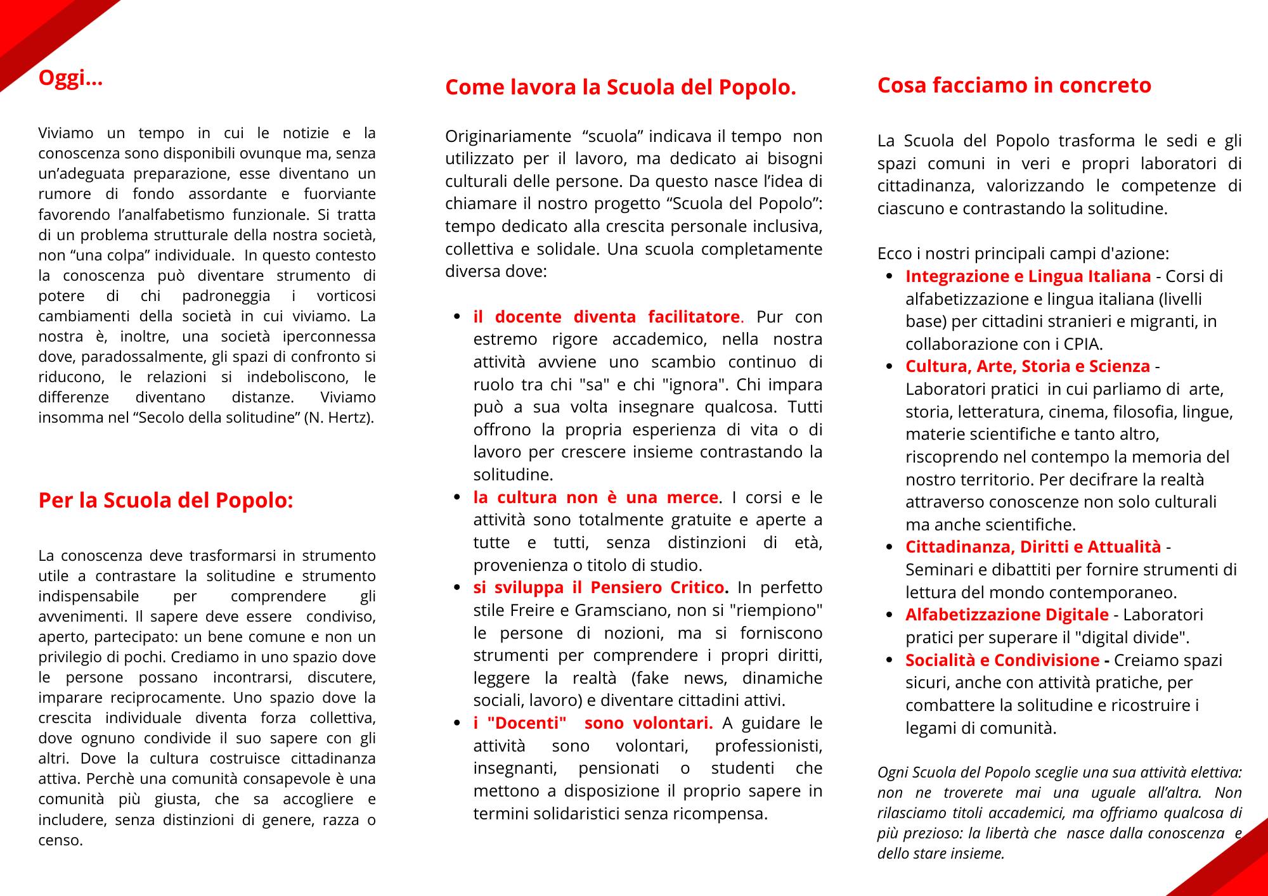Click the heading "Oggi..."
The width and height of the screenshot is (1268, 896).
coord(70,79)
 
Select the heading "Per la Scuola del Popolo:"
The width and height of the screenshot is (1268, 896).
coord(165,501)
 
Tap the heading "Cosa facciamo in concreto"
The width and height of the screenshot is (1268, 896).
coord(1014,86)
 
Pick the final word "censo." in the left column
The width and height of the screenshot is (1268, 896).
coord(61,841)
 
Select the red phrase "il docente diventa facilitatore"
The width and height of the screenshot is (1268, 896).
coord(606,317)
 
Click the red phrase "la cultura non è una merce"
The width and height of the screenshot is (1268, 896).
coord(595,497)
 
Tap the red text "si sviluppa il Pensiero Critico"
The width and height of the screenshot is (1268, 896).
coord(598,588)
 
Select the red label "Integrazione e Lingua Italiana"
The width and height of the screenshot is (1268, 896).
coord(1028,276)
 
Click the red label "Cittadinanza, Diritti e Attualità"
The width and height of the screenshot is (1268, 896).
coord(1033,547)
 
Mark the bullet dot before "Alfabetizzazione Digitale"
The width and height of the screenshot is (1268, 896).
coord(891,615)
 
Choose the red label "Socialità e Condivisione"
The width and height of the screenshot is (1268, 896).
coord(1002,660)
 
